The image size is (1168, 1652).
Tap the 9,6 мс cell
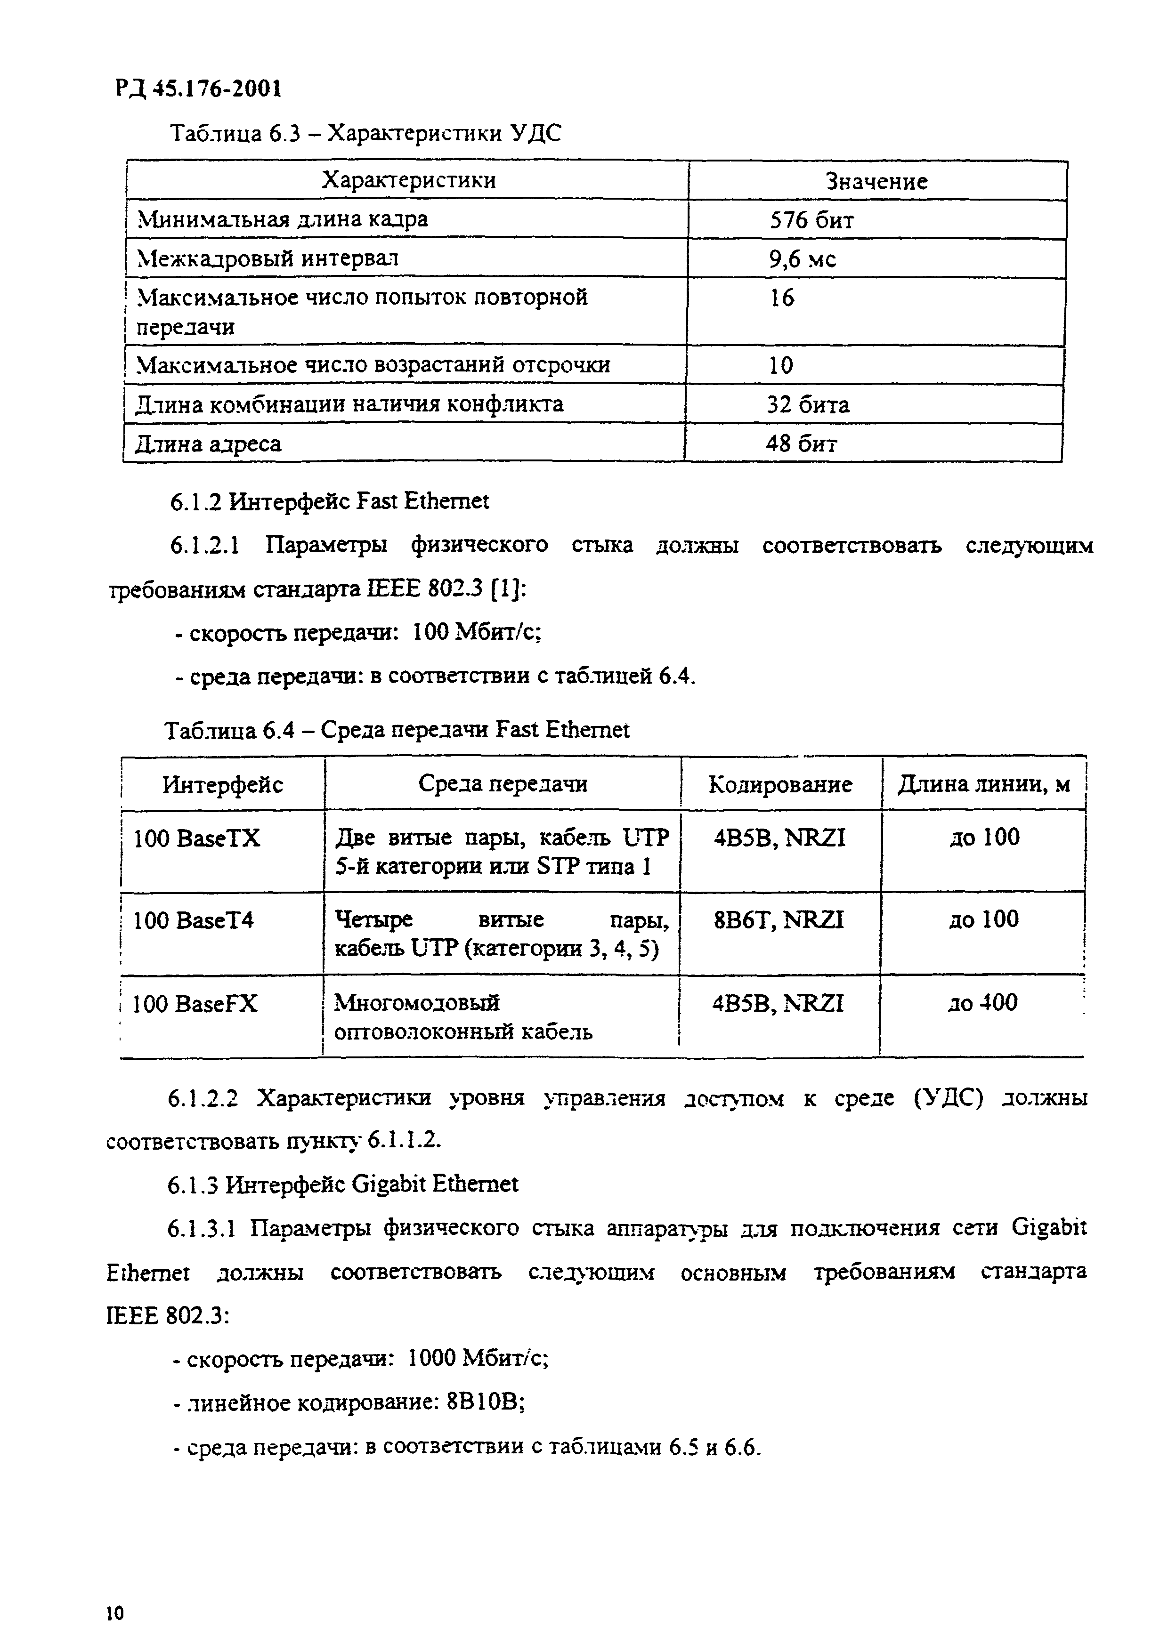tap(803, 258)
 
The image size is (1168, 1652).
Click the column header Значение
tap(876, 181)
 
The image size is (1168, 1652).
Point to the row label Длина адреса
tap(208, 443)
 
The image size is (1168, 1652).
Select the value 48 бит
tap(801, 443)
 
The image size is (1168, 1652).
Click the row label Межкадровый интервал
tap(268, 258)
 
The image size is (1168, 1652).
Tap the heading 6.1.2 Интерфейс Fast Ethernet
tap(329, 501)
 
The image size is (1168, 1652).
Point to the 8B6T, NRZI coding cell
tap(778, 919)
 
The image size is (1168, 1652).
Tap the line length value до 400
tap(982, 1002)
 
